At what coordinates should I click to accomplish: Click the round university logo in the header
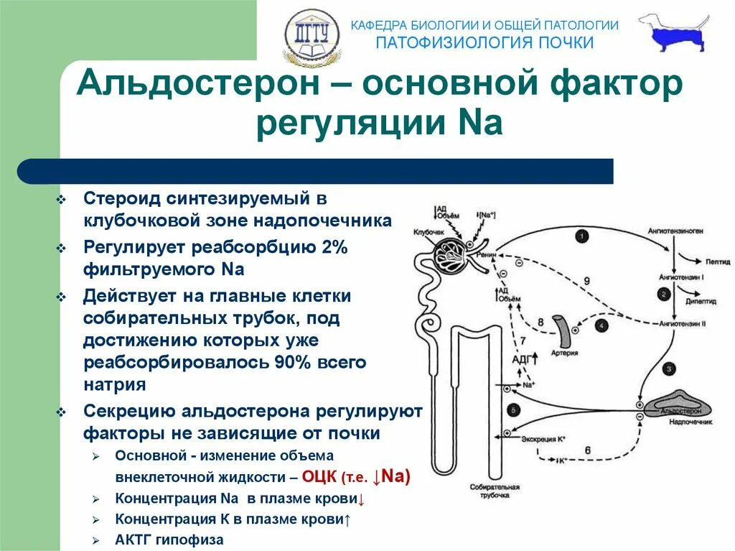312,36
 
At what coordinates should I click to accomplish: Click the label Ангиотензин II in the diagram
683,324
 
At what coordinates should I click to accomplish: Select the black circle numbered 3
669,369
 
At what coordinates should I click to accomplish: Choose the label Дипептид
702,302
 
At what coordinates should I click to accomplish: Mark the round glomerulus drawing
449,254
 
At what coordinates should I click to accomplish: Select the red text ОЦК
319,476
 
